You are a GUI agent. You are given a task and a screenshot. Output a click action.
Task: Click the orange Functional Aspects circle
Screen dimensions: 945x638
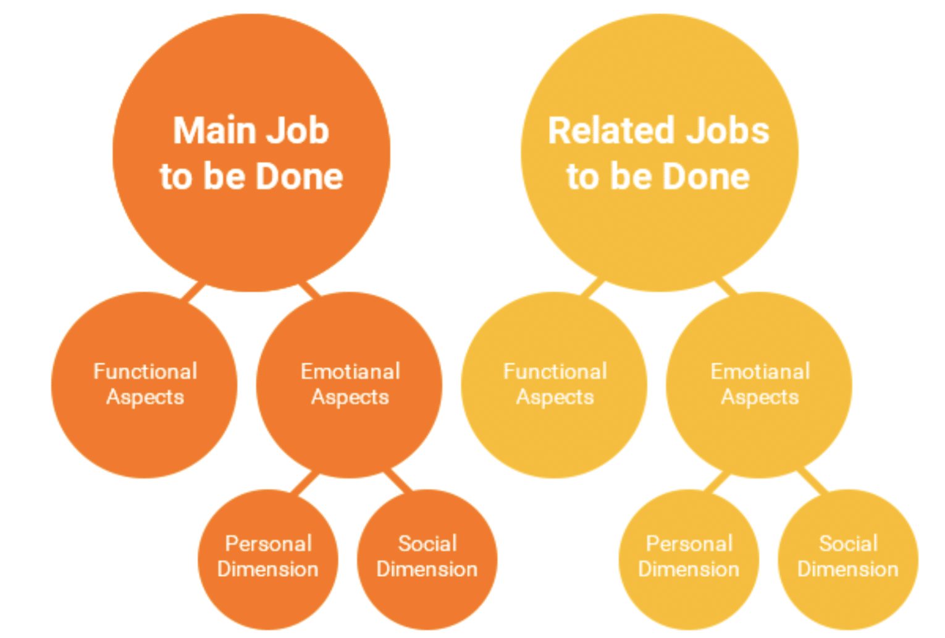pos(144,385)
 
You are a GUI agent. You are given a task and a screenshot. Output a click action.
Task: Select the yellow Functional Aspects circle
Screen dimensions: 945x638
pos(554,385)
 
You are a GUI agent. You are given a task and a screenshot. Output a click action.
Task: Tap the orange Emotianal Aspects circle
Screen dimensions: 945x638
pos(350,385)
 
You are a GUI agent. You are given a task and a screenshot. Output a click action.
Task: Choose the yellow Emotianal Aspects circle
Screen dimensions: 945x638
pos(759,385)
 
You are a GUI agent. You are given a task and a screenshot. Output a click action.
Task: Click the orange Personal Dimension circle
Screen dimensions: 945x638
pos(268,560)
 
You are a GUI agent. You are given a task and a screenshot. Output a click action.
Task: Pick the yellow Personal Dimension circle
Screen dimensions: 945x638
pos(689,560)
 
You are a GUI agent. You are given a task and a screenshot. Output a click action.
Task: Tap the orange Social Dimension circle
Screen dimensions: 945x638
pos(427,560)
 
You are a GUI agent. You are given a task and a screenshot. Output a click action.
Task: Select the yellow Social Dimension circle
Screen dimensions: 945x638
pos(848,560)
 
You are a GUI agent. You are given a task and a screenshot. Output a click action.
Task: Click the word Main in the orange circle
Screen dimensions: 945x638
pos(213,131)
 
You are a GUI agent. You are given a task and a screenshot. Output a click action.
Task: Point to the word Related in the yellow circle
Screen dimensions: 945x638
pos(611,131)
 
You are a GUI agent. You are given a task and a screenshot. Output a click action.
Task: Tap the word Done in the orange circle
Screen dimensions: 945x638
pos(300,176)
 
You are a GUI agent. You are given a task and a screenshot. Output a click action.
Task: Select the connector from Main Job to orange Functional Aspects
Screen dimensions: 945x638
pos(193,291)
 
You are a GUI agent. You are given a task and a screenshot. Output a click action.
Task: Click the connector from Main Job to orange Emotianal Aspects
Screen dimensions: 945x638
pos(309,290)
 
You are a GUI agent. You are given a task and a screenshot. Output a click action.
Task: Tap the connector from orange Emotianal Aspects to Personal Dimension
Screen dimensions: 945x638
pos(304,483)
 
